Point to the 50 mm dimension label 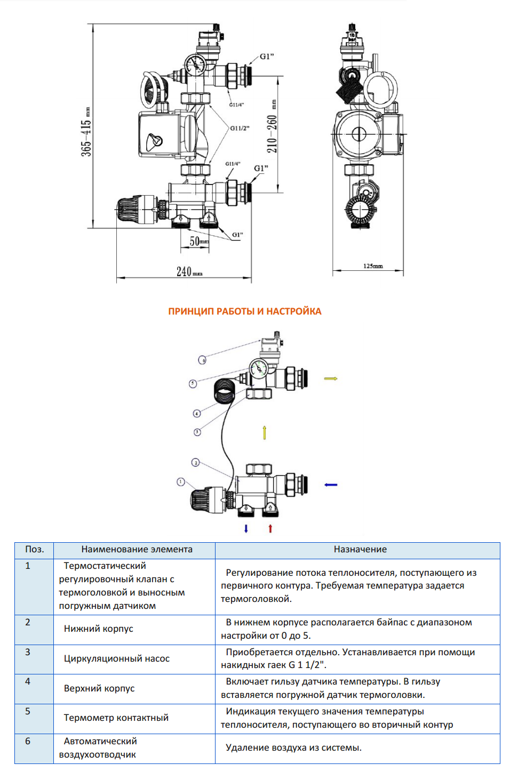199,242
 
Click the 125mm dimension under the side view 373,266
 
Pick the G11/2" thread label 240,128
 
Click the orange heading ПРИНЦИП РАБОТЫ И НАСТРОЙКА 245,311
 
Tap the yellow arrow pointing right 331,379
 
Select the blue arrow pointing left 331,485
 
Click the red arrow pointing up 270,528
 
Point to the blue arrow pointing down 246,528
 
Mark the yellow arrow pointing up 265,432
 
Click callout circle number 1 181,482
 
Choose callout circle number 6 202,360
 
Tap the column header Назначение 360,550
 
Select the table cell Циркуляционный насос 117,659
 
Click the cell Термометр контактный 116,718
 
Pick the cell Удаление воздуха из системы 293,748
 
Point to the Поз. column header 35,550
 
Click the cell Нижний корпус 99,629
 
